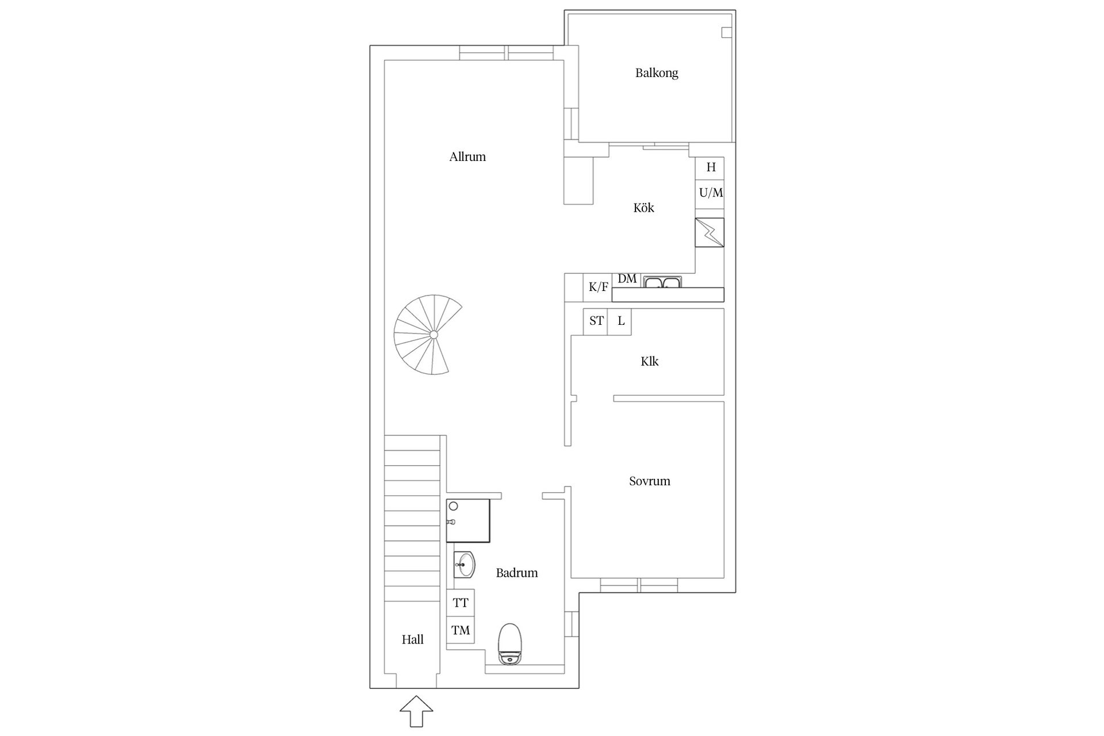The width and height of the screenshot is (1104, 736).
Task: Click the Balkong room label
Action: tap(657, 73)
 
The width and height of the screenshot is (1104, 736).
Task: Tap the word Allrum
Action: tap(467, 156)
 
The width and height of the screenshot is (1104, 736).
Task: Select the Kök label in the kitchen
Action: tap(643, 208)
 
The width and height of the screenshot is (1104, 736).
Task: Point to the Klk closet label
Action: tap(649, 361)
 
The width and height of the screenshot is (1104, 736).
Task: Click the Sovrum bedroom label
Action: tap(650, 481)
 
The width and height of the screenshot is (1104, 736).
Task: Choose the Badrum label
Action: tap(517, 573)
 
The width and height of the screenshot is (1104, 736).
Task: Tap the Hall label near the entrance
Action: tap(412, 639)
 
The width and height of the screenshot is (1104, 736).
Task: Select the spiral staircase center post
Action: tap(434, 335)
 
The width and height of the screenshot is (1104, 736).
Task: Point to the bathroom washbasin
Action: tap(464, 565)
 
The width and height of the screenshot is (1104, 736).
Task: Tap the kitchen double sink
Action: tap(662, 282)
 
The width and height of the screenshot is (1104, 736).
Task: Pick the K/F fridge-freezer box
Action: tap(598, 287)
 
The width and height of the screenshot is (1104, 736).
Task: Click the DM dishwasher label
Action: tap(627, 279)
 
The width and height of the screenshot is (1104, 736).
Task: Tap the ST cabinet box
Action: tap(596, 321)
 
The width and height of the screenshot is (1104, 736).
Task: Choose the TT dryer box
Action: tap(461, 603)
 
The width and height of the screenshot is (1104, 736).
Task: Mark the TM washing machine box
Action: tap(461, 631)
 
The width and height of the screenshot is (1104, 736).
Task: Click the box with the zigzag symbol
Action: tap(710, 232)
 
